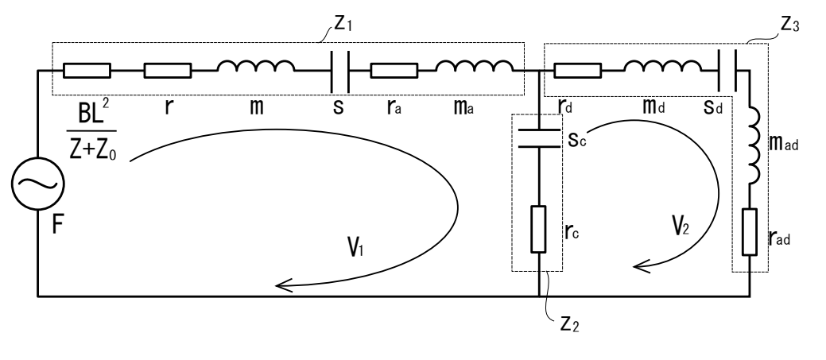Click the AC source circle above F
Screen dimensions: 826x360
(x=37, y=184)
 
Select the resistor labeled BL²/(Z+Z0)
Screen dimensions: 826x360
(x=87, y=71)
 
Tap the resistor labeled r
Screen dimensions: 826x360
(x=168, y=71)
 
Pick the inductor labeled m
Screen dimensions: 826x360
(x=256, y=66)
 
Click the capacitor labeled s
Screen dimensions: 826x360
(x=339, y=71)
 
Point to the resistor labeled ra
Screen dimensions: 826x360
(x=394, y=71)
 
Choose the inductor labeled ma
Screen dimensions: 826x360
(x=475, y=66)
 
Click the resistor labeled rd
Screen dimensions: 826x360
(x=578, y=71)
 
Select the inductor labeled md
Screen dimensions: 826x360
(x=663, y=66)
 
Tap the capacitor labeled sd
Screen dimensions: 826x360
(x=727, y=71)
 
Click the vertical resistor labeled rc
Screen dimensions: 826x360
(x=539, y=230)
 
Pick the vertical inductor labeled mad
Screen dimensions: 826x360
(x=754, y=146)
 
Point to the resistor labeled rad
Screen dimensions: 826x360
(x=750, y=232)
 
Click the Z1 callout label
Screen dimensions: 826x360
(x=343, y=24)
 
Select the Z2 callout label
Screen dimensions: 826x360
(x=569, y=323)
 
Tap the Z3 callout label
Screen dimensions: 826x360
(x=789, y=25)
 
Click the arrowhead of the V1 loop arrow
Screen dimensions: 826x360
(x=283, y=286)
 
